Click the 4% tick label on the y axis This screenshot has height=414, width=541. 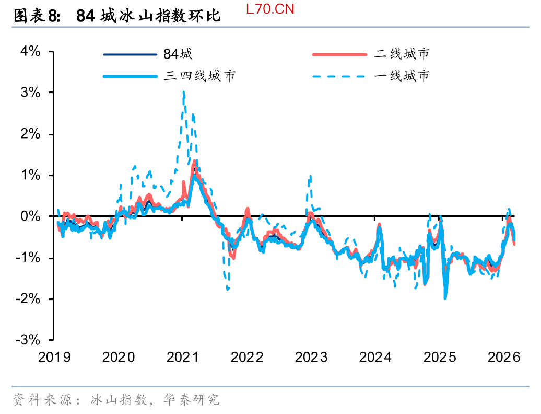click(x=30, y=51)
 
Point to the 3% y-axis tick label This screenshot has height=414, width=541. click(x=30, y=93)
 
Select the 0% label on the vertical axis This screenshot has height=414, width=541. click(x=30, y=216)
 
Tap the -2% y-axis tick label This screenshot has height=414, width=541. click(x=29, y=298)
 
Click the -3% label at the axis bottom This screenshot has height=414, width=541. click(x=29, y=340)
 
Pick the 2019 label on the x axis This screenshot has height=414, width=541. click(x=54, y=358)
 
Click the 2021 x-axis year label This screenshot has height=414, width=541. click(x=183, y=358)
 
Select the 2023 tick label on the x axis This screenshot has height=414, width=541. click(x=311, y=358)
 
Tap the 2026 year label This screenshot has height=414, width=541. click(x=504, y=358)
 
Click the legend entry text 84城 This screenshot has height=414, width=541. click(x=178, y=54)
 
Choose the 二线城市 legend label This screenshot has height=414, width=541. click(x=402, y=54)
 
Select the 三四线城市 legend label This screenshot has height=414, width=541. click(x=200, y=76)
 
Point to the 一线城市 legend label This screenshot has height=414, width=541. click(x=402, y=76)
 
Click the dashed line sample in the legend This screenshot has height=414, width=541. click(x=339, y=76)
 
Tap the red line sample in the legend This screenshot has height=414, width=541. click(x=339, y=54)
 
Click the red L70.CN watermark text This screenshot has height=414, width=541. click(x=269, y=9)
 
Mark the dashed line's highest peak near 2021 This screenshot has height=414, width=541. click(x=183, y=93)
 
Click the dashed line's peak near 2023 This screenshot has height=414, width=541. click(x=310, y=176)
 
